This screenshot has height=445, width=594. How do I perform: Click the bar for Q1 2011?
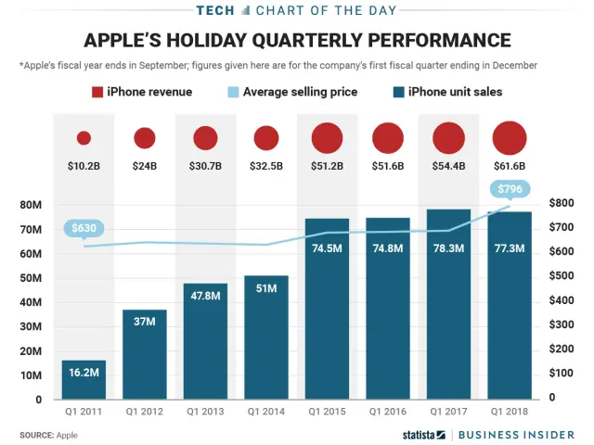(x=84, y=379)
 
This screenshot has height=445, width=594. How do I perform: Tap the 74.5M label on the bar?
(x=327, y=248)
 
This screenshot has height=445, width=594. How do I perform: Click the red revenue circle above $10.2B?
(x=84, y=138)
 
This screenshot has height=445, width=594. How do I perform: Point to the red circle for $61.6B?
(x=510, y=138)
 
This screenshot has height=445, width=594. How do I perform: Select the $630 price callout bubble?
(x=84, y=227)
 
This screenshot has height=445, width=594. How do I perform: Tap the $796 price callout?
(x=509, y=190)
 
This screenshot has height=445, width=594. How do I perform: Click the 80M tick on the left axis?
(x=31, y=204)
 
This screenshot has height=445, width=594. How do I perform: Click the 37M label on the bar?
(x=145, y=322)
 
